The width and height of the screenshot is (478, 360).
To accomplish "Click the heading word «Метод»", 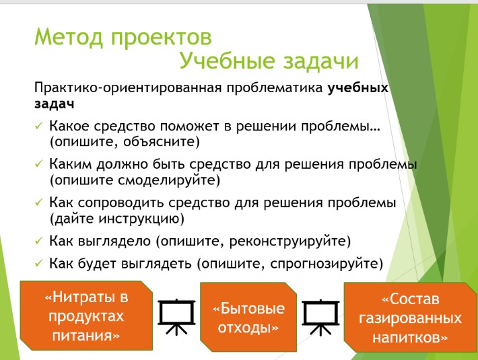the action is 69,38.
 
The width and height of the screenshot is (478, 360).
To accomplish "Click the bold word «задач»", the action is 55,104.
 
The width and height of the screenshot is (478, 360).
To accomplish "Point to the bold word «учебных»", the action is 358,87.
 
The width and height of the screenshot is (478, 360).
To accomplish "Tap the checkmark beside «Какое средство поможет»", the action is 39,126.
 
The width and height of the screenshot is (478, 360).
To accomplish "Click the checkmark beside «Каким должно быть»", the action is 39,164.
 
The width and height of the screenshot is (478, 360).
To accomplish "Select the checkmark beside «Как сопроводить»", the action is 39,203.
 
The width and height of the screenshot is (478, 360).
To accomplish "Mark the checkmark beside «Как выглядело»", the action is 39,241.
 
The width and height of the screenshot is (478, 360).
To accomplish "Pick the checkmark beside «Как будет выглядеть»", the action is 39,263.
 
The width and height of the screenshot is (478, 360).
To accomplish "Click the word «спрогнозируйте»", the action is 325,264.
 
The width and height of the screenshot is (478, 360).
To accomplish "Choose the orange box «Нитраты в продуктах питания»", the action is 86,316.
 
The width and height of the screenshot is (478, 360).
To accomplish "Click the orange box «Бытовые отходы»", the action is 248,317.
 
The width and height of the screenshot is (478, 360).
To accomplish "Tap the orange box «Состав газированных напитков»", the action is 410,318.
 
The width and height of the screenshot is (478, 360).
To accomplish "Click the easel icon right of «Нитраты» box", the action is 176,317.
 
